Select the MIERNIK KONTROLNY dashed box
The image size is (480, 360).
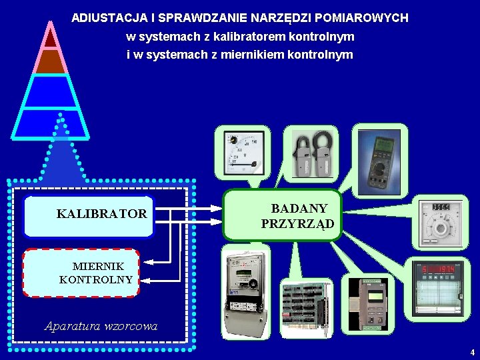tap(81, 273)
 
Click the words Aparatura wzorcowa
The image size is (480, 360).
tap(101, 326)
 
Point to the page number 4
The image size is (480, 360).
tap(472, 352)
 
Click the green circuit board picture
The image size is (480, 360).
tap(305, 307)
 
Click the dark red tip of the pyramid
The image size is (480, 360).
tap(51, 37)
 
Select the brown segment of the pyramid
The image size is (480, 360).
tap(51, 61)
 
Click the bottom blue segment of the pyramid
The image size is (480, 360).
tap(51, 123)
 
